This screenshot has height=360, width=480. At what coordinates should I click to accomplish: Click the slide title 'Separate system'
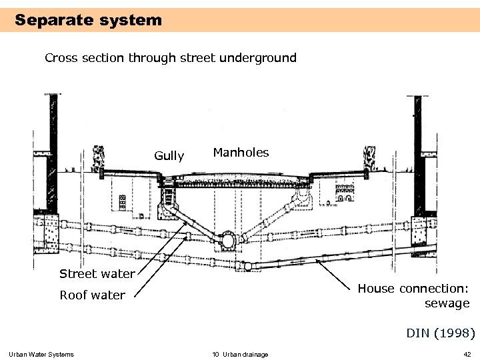pyautogui.click(x=88, y=20)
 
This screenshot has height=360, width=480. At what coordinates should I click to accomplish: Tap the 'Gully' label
pyautogui.click(x=169, y=156)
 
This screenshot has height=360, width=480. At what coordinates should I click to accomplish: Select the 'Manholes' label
pyautogui.click(x=241, y=153)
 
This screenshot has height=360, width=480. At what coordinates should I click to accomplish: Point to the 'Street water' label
pyautogui.click(x=97, y=273)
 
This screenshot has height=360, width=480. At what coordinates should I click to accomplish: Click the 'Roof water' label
pyautogui.click(x=92, y=295)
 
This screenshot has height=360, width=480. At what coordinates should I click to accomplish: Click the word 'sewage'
pyautogui.click(x=447, y=303)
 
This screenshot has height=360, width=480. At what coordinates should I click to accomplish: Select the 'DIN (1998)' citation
pyautogui.click(x=441, y=332)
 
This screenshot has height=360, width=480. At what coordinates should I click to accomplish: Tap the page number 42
pyautogui.click(x=467, y=354)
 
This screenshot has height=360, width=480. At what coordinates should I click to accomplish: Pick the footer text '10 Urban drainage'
pyautogui.click(x=240, y=354)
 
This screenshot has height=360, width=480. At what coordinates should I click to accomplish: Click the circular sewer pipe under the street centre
pyautogui.click(x=228, y=239)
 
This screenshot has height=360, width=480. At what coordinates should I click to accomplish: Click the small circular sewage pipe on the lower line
pyautogui.click(x=247, y=266)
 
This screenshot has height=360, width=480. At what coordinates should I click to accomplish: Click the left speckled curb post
pyautogui.click(x=99, y=159)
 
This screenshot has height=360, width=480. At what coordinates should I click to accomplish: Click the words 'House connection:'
pyautogui.click(x=413, y=289)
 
